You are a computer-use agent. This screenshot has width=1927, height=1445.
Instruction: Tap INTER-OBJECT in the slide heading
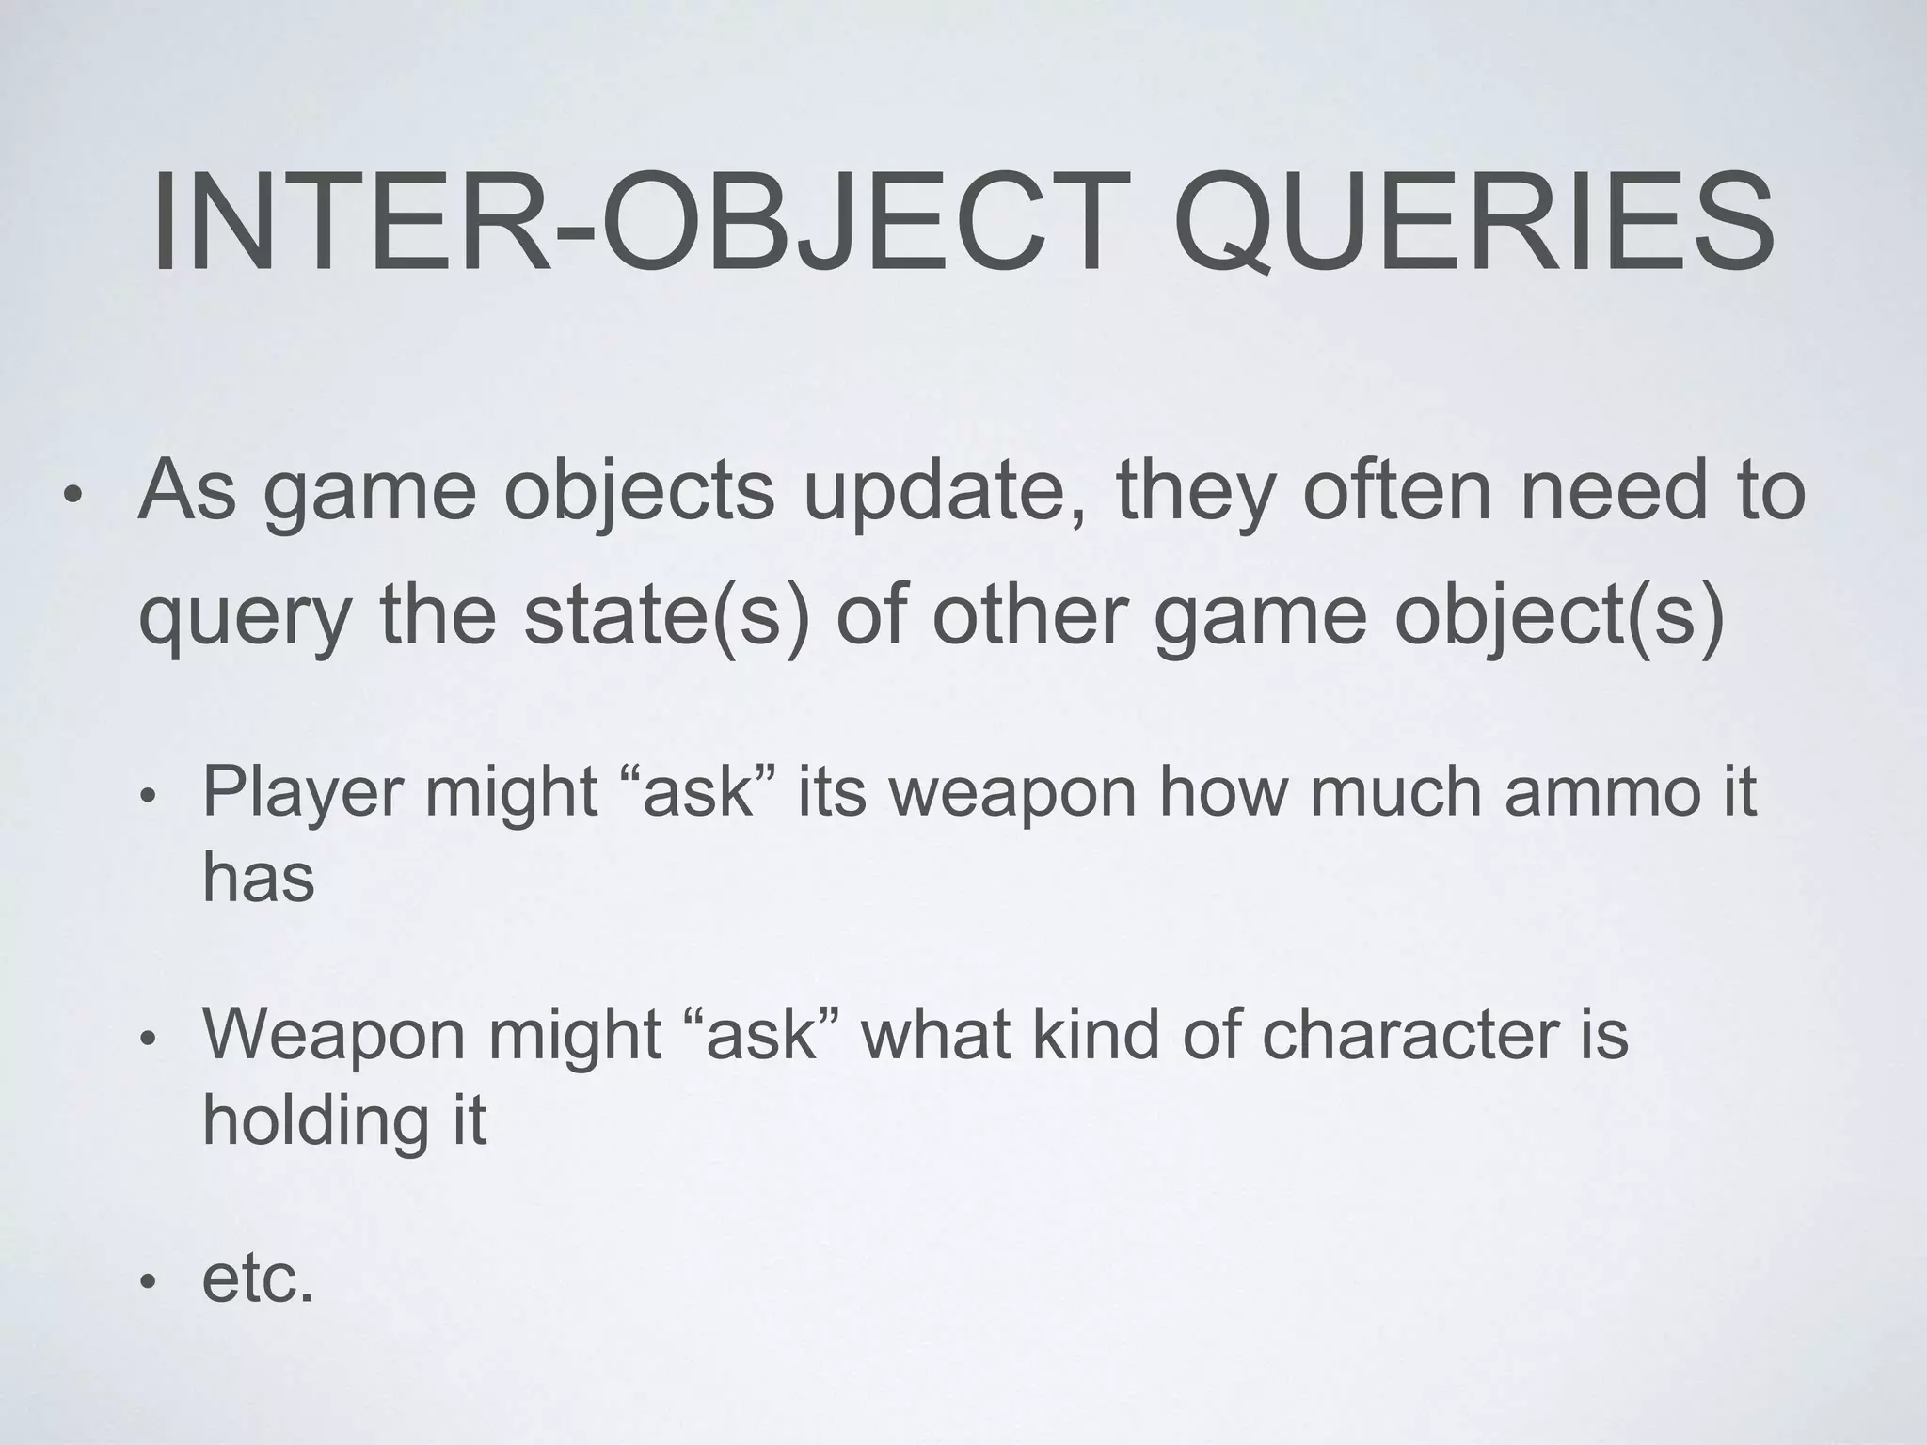(628, 225)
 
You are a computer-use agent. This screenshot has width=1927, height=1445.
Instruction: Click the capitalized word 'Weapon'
(334, 1036)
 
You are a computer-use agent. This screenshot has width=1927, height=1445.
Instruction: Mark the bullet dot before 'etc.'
(147, 1282)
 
